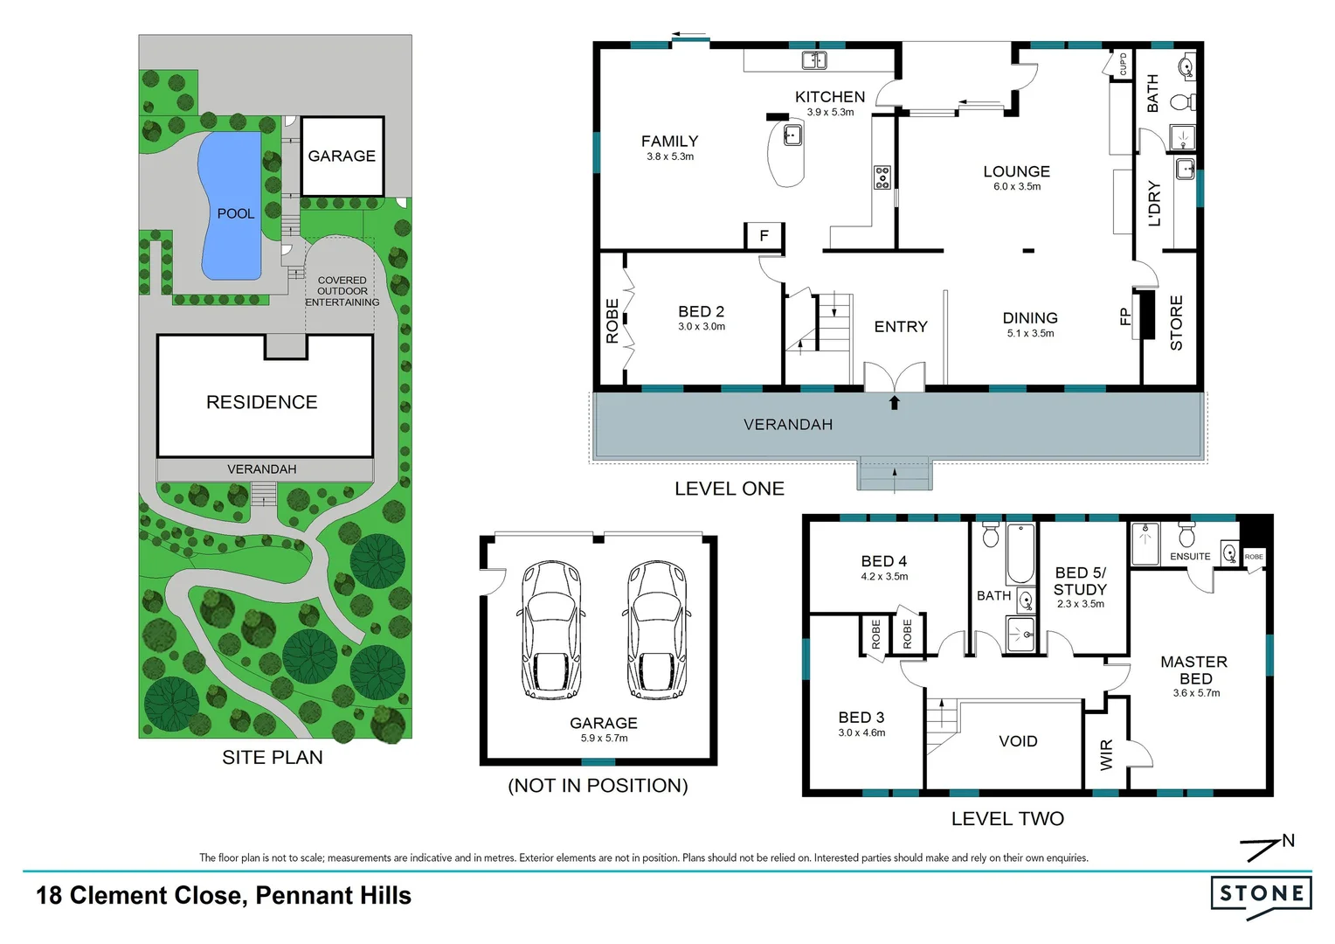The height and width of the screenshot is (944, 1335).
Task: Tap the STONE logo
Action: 1261,893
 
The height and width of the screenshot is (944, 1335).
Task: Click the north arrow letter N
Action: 1289,841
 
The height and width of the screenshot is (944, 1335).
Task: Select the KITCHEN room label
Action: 829,97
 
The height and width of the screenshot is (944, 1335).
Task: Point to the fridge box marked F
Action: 764,236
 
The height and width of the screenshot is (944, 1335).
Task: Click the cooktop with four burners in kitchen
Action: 882,177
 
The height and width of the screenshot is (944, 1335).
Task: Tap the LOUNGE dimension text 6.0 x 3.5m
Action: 1017,187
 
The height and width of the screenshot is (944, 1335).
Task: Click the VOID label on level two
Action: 1018,741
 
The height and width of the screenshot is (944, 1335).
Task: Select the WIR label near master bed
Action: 1107,754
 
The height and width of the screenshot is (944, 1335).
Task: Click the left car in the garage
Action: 551,629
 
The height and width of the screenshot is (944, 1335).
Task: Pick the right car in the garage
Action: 657,629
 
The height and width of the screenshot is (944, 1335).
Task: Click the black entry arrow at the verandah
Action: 894,403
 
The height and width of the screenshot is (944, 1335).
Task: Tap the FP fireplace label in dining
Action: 1124,316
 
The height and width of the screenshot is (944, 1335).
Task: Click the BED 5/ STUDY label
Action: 1080,581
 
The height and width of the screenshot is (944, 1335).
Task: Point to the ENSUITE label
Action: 1190,557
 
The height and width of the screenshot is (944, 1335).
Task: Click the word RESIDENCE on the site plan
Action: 262,402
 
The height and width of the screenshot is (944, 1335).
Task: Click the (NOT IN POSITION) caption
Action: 598,786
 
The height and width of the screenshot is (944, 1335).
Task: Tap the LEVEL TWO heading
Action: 1007,819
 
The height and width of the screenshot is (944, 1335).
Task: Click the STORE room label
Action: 1176,323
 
